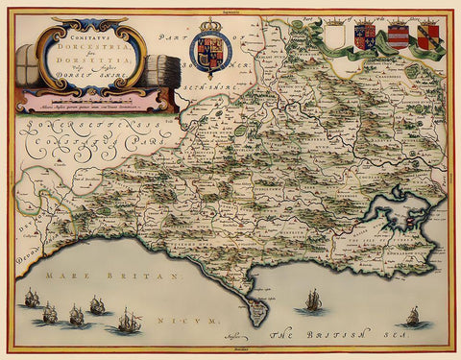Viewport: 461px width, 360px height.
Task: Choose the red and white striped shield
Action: (397, 36)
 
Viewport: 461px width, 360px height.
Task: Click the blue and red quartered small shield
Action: (364, 36)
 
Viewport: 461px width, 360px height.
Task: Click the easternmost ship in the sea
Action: (413, 316)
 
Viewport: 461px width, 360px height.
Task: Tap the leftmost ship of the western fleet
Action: (32, 299)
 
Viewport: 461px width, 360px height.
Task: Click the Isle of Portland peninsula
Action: (256, 310)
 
